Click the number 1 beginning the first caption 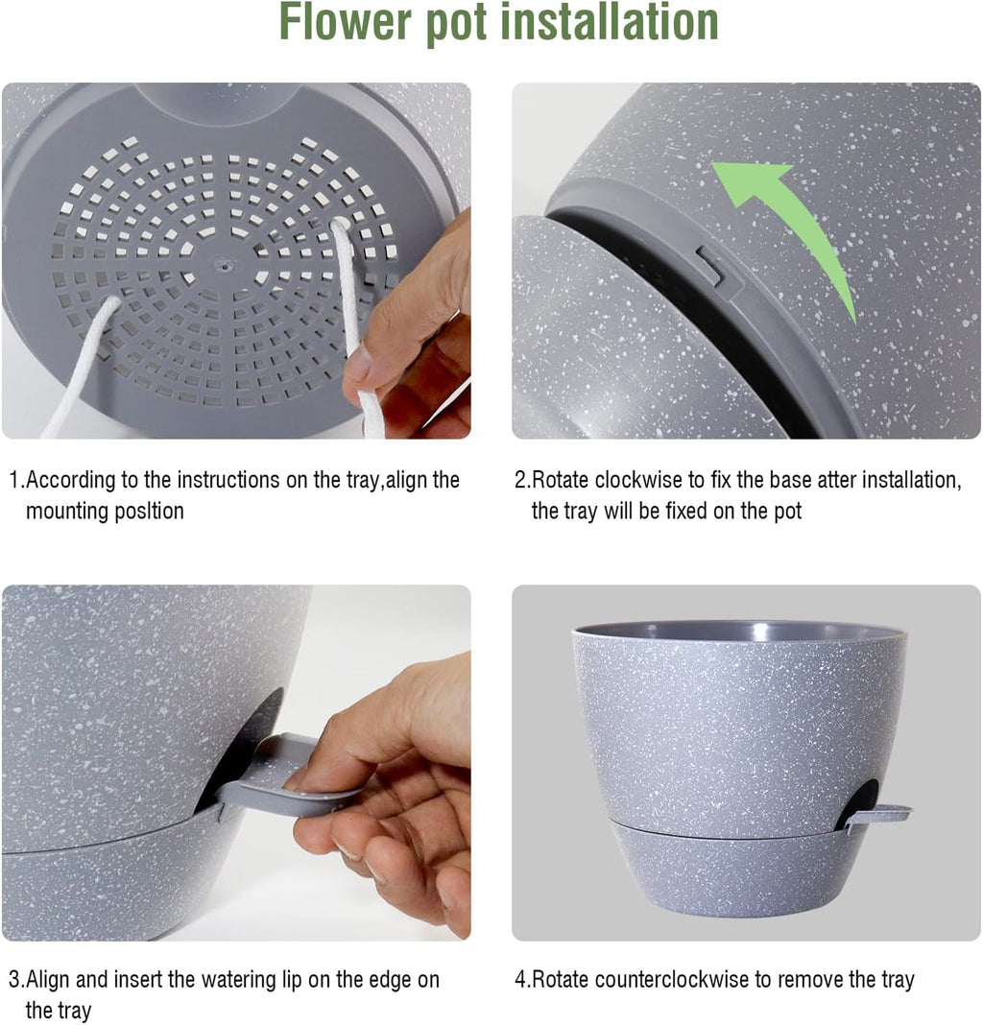[14, 480]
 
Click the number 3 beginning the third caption [14, 980]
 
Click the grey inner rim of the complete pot [739, 632]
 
